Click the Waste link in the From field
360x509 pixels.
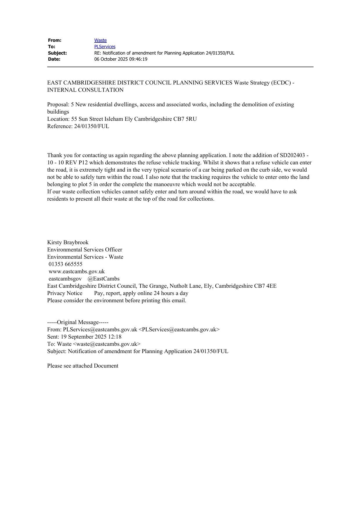(x=100, y=40)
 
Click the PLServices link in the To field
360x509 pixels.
(x=105, y=47)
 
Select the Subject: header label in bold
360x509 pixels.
(x=57, y=53)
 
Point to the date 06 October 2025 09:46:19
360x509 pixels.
(x=121, y=59)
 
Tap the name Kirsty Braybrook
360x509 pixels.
(x=68, y=242)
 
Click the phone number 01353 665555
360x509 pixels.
(x=65, y=264)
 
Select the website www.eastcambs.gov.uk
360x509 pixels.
(x=76, y=271)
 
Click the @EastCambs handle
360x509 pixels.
(x=103, y=279)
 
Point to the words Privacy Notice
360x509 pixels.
(x=65, y=293)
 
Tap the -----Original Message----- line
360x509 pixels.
(x=78, y=322)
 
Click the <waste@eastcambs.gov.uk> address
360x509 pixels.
(x=107, y=344)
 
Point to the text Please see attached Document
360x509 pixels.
(x=83, y=366)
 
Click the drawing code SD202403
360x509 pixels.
(x=292, y=155)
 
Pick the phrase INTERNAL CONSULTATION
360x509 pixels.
(x=85, y=90)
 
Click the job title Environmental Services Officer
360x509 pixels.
(x=84, y=250)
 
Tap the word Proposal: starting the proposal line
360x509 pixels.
(x=58, y=105)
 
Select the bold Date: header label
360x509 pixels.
(x=54, y=59)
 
